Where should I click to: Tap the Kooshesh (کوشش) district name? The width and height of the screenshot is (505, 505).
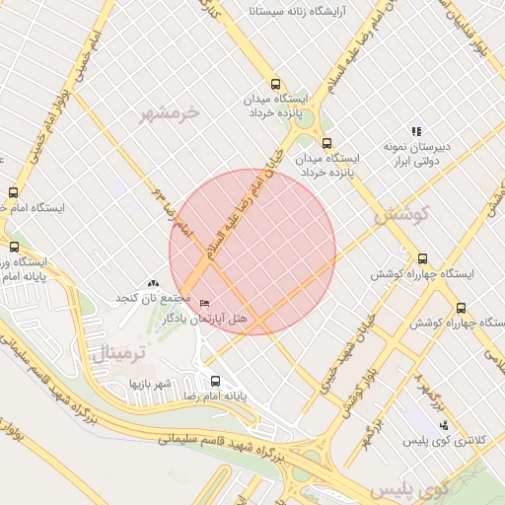(398, 214)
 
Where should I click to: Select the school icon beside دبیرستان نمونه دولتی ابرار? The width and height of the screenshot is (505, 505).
(416, 131)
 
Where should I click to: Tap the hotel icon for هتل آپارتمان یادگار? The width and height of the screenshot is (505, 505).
(205, 303)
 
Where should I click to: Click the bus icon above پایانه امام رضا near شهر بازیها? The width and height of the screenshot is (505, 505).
(216, 381)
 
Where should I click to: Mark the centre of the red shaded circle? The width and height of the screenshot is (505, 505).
(252, 252)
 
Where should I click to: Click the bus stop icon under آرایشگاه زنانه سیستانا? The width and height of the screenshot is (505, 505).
(275, 85)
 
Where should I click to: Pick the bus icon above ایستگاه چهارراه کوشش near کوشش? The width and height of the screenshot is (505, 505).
(423, 258)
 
